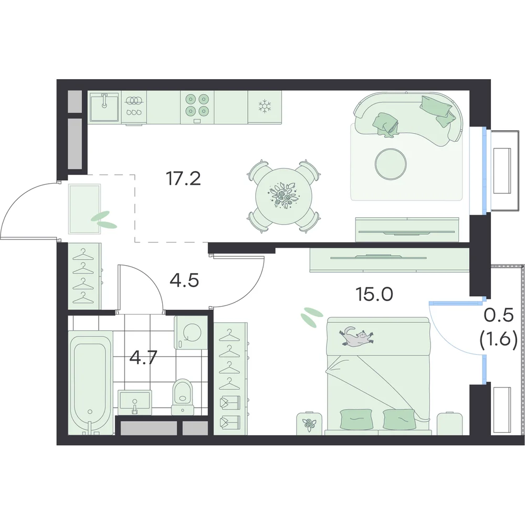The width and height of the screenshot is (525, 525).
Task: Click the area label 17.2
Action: coord(183,178)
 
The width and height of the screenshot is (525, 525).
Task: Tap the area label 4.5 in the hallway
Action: coord(184,280)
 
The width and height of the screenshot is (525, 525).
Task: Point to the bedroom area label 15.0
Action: coord(374,295)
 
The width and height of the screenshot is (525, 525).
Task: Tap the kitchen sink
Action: coord(104,107)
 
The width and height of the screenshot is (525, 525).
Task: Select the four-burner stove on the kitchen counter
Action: coord(197,107)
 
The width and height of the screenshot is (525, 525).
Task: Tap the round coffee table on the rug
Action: coord(391,164)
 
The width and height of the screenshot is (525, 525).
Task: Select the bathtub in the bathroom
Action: coord(91,383)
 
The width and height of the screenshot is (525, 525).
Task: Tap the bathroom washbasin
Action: coord(134,401)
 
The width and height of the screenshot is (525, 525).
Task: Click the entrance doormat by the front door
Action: coord(85,209)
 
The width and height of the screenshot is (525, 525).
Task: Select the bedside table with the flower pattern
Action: coord(309,423)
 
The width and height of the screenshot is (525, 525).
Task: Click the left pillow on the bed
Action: coord(357,419)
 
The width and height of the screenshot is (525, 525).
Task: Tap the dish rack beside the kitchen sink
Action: coord(134,107)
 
